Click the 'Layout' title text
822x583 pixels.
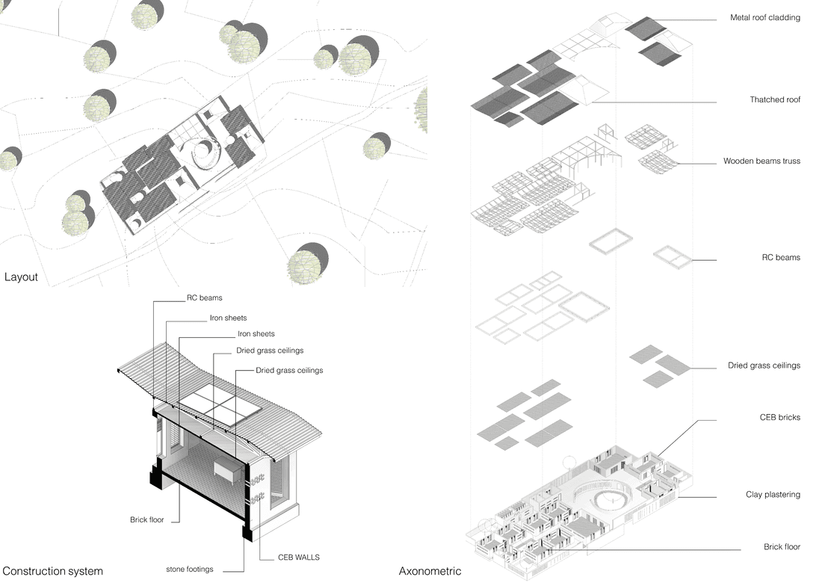click(x=21, y=277)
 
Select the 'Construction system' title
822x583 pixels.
click(x=52, y=571)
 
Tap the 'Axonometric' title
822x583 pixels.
click(x=430, y=571)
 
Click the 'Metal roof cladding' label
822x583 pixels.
click(x=765, y=17)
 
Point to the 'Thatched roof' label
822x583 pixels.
click(x=775, y=99)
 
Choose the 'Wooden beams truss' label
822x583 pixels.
click(x=761, y=161)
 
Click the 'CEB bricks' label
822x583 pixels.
click(x=779, y=417)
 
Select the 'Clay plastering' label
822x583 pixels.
click(x=773, y=494)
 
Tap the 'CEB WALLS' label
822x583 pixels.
click(x=299, y=558)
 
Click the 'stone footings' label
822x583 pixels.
click(x=190, y=569)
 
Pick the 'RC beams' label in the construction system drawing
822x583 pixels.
click(x=205, y=297)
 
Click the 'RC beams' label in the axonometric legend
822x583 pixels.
click(x=781, y=257)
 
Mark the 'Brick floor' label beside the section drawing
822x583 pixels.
click(x=146, y=519)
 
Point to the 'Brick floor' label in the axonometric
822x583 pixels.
click(x=782, y=547)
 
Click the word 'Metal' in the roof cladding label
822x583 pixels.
click(x=741, y=17)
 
